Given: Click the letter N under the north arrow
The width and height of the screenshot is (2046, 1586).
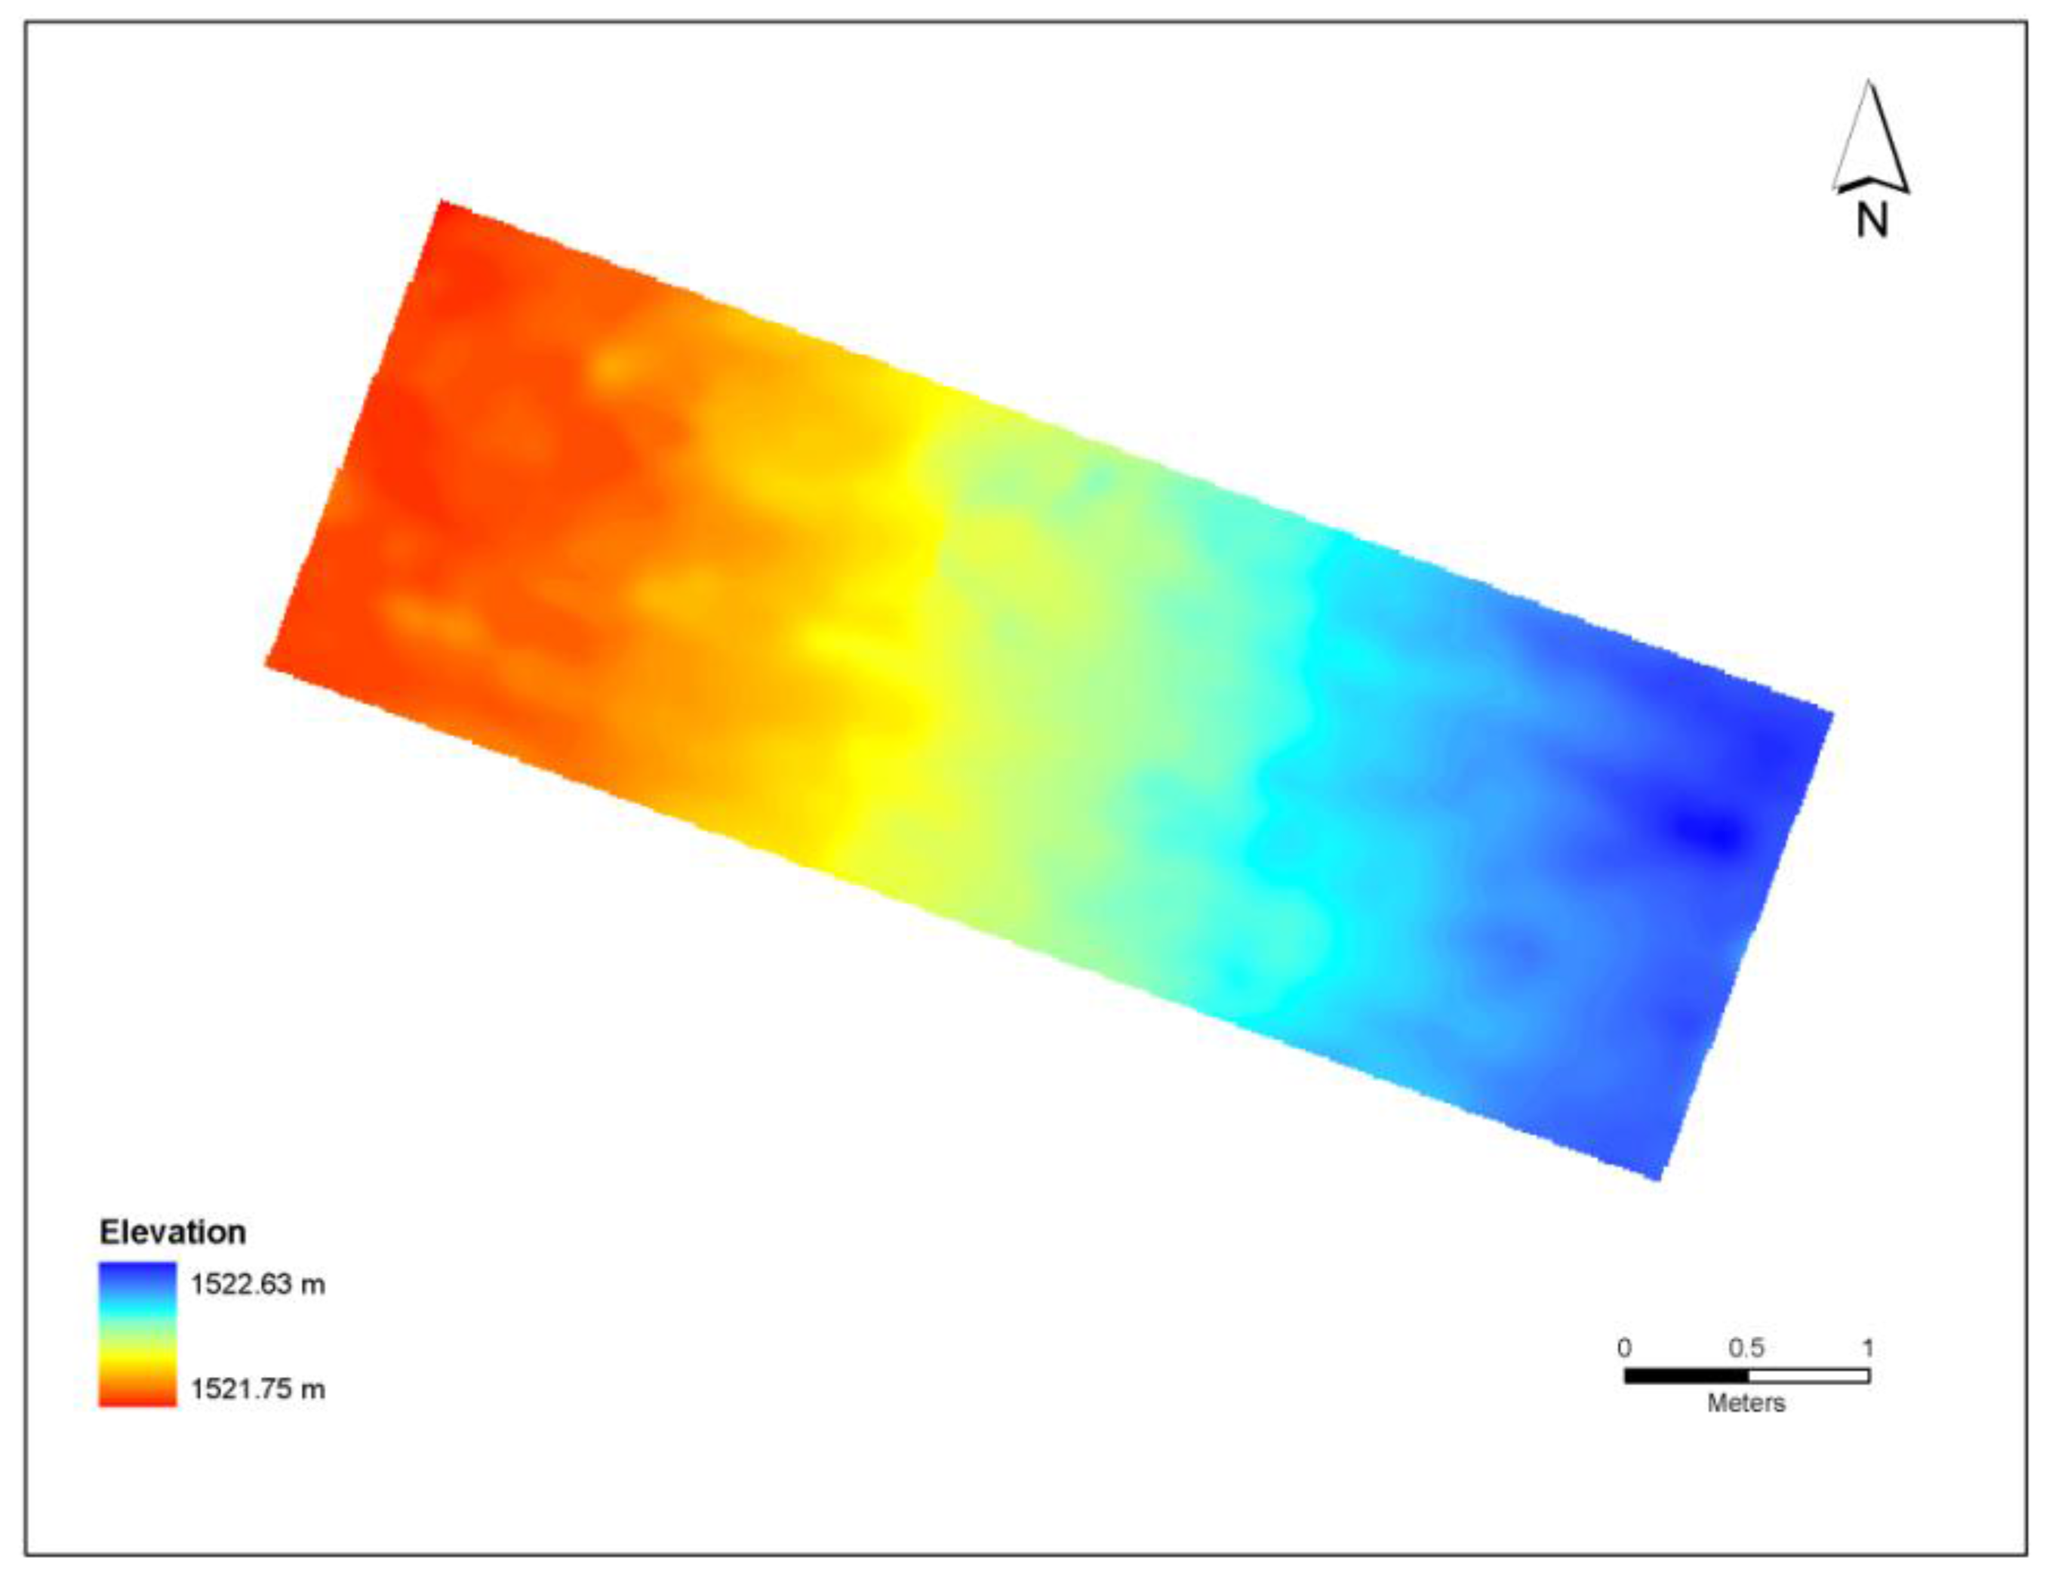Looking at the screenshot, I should click(1872, 220).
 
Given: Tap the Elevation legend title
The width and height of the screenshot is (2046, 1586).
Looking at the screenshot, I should click(172, 1232).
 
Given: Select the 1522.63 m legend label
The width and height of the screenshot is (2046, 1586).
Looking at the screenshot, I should click(257, 1284).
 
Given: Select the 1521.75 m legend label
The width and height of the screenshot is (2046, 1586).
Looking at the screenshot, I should click(257, 1388).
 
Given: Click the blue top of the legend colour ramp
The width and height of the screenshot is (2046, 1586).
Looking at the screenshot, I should click(137, 1274).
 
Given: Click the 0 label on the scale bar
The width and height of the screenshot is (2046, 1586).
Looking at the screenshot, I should click(1623, 1348).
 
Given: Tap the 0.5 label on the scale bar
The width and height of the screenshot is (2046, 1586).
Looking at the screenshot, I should click(1746, 1348).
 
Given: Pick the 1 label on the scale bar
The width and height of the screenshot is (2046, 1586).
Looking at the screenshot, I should click(1867, 1348).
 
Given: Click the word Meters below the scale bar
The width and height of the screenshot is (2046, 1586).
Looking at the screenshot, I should click(1746, 1403).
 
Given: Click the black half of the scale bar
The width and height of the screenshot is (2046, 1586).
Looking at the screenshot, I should click(1685, 1375).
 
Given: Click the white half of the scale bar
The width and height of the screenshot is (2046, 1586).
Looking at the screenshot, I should click(1808, 1375).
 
